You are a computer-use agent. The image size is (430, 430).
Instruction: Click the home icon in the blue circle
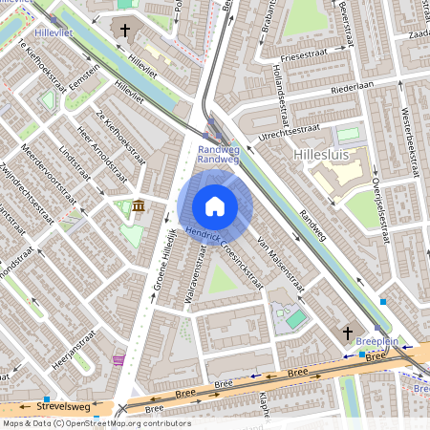(215, 206)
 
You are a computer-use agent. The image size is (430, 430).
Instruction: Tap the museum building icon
(140, 206)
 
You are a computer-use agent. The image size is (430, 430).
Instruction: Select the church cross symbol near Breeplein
(348, 332)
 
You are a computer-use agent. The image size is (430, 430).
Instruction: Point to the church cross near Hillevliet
(124, 31)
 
